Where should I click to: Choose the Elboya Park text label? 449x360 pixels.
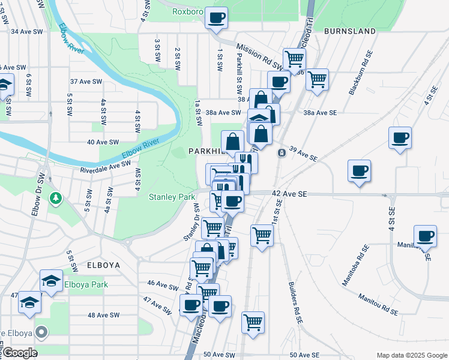(x=86, y=284)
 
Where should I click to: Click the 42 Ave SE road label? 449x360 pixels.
(x=289, y=194)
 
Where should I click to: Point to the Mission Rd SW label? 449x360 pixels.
(x=259, y=56)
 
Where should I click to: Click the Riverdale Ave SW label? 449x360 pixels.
(x=105, y=167)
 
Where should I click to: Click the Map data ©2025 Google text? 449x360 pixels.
(x=411, y=355)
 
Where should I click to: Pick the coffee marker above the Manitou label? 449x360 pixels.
(x=425, y=236)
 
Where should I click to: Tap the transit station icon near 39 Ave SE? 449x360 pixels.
(x=281, y=152)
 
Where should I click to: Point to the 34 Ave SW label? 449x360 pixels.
(x=26, y=31)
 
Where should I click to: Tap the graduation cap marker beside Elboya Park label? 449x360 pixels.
(x=51, y=281)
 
